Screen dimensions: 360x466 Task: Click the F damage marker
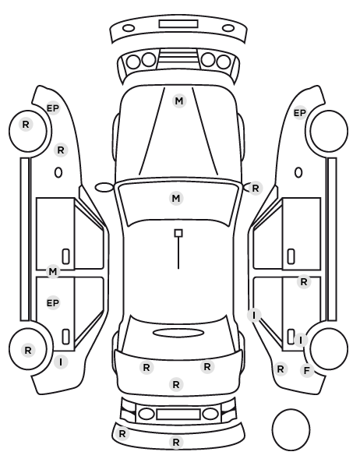[x=307, y=371]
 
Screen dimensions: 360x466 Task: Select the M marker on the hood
[x=179, y=101]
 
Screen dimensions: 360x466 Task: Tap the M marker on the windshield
[x=176, y=198]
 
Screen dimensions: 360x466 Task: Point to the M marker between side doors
[x=53, y=271]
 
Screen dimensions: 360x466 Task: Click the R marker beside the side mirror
[x=256, y=188]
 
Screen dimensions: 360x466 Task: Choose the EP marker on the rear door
[x=53, y=303]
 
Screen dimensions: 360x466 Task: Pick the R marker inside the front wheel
[x=26, y=124]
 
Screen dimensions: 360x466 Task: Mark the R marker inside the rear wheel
[x=28, y=350]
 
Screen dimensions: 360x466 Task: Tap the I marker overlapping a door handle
[x=301, y=340]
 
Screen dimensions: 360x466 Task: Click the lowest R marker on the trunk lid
[x=176, y=385]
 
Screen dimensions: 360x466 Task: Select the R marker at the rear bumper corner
[x=122, y=434]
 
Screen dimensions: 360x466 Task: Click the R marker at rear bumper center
[x=176, y=442]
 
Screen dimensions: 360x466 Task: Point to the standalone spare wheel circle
[x=291, y=429]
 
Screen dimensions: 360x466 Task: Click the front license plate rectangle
[x=178, y=24]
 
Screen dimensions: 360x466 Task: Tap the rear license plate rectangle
[x=178, y=414]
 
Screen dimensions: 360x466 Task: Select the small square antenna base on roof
[x=178, y=233]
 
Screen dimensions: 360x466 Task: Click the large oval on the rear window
[x=178, y=333]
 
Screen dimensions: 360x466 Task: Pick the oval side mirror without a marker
[x=104, y=188]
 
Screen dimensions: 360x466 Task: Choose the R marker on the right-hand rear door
[x=304, y=282]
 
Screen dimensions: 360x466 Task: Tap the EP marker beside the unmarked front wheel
[x=300, y=113]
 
